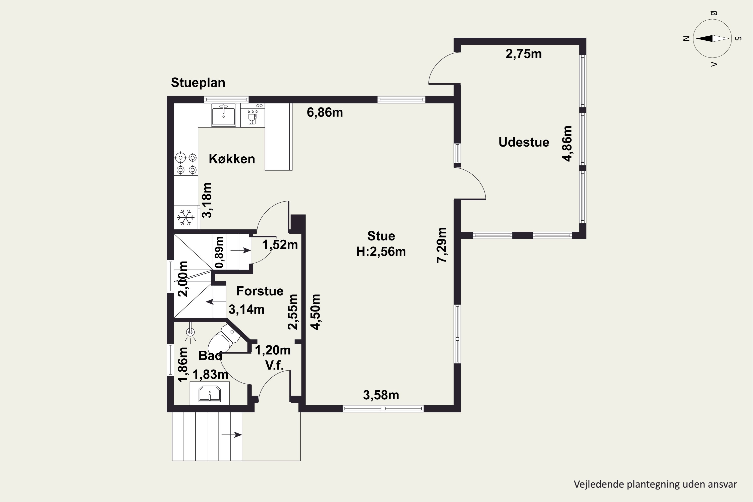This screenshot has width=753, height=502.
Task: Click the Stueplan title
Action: pyautogui.click(x=198, y=83)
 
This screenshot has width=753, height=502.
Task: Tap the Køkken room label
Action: pyautogui.click(x=232, y=159)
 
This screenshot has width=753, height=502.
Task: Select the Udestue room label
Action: pyautogui.click(x=524, y=142)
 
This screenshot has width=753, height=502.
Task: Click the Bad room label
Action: pyautogui.click(x=210, y=356)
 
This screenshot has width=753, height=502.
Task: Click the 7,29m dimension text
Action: pyautogui.click(x=442, y=245)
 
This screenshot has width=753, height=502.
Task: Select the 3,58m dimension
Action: pyautogui.click(x=381, y=395)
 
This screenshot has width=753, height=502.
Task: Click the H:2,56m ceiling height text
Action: pyautogui.click(x=381, y=252)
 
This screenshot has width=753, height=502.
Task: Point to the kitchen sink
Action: pyautogui.click(x=223, y=115)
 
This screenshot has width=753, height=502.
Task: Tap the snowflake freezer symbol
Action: pyautogui.click(x=186, y=217)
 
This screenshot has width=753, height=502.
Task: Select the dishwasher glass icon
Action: pyautogui.click(x=253, y=117)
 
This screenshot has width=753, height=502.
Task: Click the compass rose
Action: pyautogui.click(x=712, y=38)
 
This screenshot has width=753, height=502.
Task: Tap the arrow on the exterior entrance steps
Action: pyautogui.click(x=231, y=434)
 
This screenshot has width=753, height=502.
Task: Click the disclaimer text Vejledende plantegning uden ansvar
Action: pyautogui.click(x=655, y=484)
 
